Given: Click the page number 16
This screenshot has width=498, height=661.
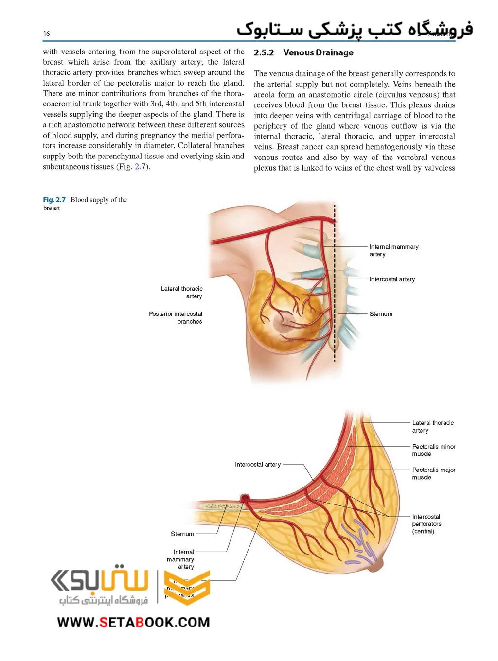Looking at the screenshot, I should (x=46, y=34).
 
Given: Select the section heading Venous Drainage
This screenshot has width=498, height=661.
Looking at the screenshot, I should (x=318, y=52).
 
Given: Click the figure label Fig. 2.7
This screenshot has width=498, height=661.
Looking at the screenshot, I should (x=54, y=200).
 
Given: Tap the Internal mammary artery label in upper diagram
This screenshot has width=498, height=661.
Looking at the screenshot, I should (x=393, y=250).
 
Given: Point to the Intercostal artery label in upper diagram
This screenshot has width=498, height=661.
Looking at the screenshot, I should (x=392, y=279).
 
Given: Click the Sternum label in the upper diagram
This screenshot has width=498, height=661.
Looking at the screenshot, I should (x=381, y=314).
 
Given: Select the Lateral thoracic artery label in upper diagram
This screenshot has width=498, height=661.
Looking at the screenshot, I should (x=182, y=292).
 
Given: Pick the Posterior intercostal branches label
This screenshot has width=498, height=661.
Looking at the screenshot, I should (x=176, y=317).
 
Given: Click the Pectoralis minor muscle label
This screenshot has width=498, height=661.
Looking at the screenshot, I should (x=433, y=450).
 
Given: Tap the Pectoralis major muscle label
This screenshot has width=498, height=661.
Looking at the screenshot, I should (x=433, y=473).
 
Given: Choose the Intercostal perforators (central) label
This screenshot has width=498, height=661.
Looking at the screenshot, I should (x=427, y=524).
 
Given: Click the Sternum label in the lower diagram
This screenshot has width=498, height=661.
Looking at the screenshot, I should (x=182, y=534).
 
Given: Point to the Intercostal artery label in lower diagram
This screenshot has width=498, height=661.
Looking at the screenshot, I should (x=258, y=465).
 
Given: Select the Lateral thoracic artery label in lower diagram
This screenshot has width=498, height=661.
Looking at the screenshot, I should (x=432, y=427).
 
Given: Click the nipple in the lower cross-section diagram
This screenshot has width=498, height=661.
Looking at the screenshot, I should (x=378, y=564).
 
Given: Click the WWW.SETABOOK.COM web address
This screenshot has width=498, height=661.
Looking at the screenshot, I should (x=133, y=622).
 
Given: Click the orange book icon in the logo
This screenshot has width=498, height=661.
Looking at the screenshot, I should (x=187, y=587).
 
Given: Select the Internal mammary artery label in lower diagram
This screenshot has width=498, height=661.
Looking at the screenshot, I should (x=181, y=559).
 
